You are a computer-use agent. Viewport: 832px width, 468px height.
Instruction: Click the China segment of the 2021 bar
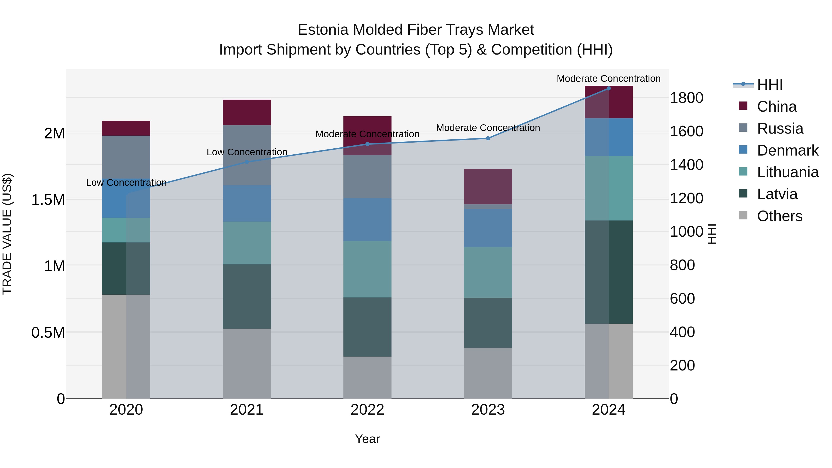[247, 112]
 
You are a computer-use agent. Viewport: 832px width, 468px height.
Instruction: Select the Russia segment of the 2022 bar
[367, 177]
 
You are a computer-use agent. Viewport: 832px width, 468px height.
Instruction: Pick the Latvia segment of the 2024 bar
[609, 272]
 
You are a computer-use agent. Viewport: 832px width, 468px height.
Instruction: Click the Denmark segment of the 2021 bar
[247, 203]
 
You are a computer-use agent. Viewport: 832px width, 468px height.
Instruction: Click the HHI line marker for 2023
[488, 138]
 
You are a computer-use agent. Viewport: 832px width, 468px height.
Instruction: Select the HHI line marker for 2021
[247, 162]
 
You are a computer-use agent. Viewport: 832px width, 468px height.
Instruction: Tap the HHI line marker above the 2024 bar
[609, 88]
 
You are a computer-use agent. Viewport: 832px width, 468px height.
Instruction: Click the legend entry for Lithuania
[787, 172]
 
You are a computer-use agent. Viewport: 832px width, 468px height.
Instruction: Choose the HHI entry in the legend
[769, 85]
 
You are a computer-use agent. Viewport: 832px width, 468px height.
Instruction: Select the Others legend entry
[779, 216]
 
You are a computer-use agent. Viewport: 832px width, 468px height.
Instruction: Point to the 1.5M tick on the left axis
[48, 200]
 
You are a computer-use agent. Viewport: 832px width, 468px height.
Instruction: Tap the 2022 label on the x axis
[367, 410]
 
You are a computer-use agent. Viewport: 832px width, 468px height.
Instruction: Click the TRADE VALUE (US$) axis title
[7, 234]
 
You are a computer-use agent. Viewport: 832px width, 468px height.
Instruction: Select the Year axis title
[367, 439]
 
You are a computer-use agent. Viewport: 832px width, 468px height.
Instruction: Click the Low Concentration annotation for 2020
[126, 183]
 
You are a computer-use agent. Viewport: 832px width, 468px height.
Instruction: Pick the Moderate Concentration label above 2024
[609, 79]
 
